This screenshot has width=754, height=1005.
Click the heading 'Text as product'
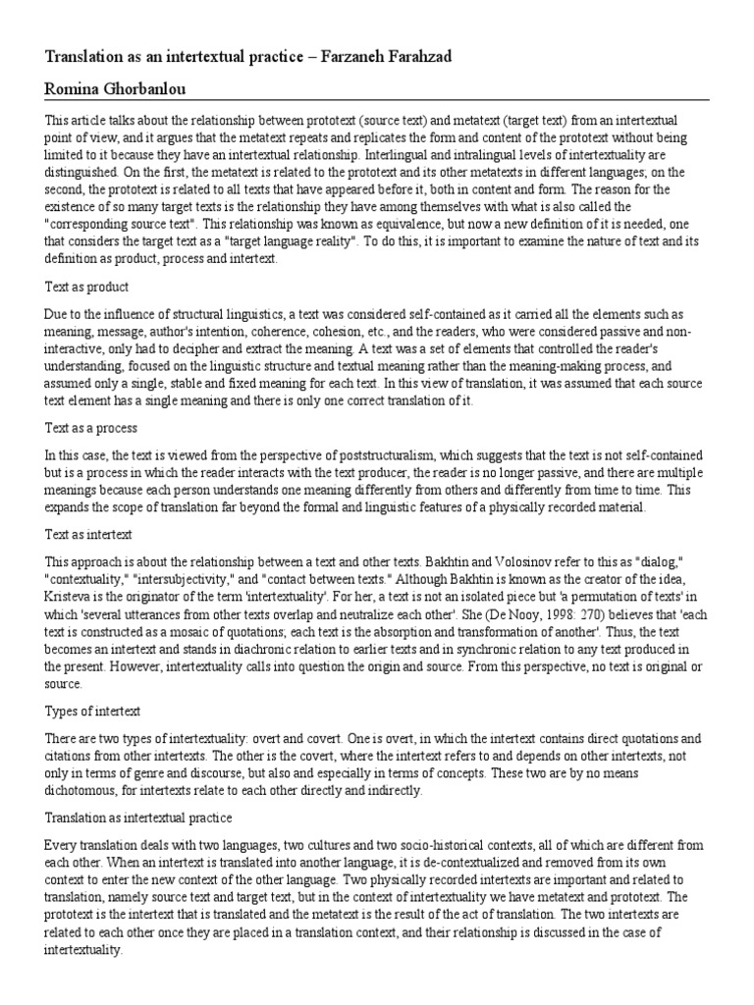point(86,287)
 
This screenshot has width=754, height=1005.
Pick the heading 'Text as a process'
point(90,428)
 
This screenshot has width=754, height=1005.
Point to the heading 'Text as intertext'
point(89,534)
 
